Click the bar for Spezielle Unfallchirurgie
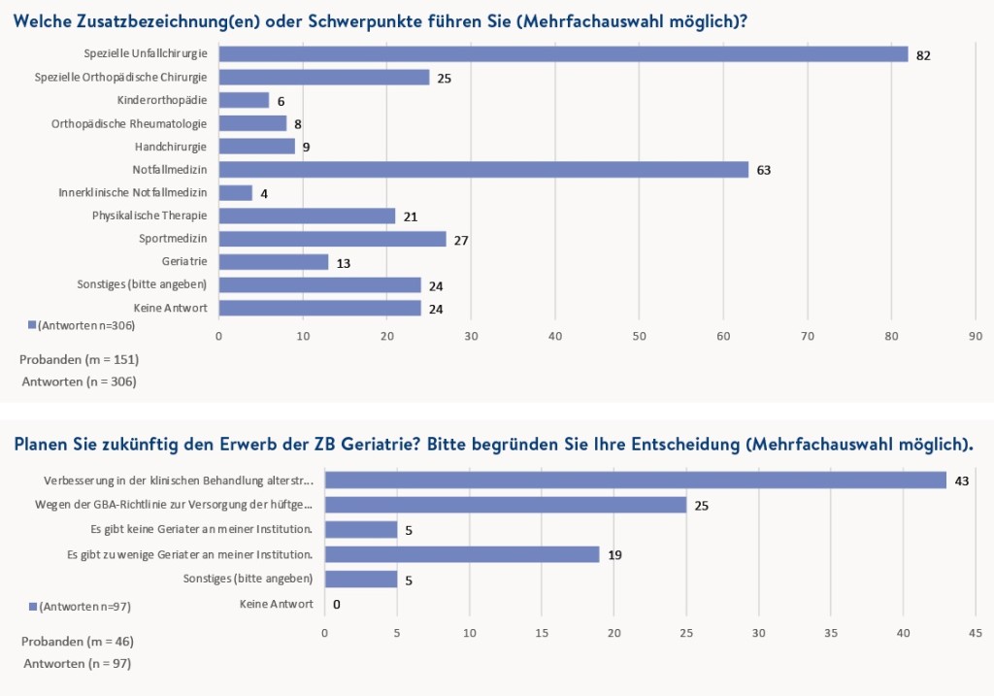pos(563,54)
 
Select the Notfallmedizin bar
pos(483,170)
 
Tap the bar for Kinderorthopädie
pos(244,100)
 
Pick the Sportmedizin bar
pos(332,239)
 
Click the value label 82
pos(923,55)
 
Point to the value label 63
pos(763,171)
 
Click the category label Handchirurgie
pos(172,147)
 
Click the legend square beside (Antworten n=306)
pos(32,325)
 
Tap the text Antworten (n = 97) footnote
pos(77,664)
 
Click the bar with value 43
pos(635,481)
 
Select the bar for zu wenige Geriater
pos(462,554)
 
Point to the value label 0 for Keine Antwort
pos(336,604)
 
